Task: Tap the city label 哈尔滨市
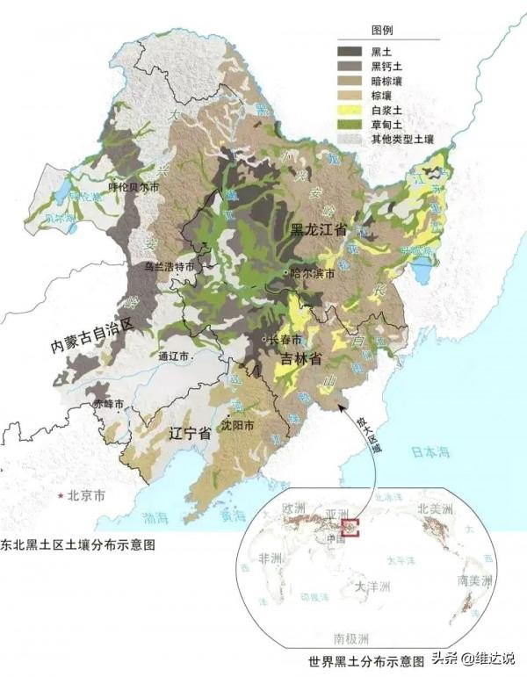click(313, 275)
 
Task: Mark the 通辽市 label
click(175, 357)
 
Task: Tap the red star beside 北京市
click(61, 497)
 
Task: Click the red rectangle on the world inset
click(350, 529)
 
